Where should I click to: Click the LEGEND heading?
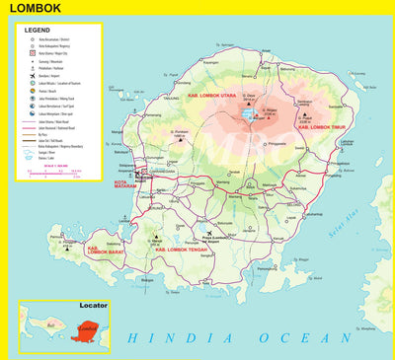(x=38, y=31)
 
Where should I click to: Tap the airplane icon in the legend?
(x=29, y=73)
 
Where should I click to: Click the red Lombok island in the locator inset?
(x=87, y=326)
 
